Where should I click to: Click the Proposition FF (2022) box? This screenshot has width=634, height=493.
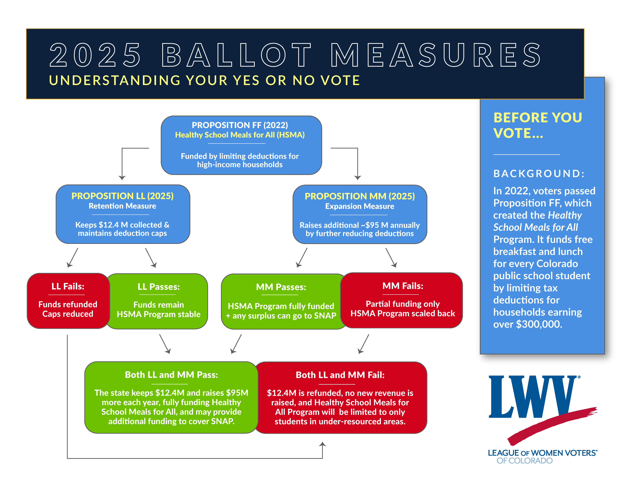tap(241, 145)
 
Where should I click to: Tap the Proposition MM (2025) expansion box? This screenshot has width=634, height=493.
tap(359, 214)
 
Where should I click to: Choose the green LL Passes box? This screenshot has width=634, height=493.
tap(158, 301)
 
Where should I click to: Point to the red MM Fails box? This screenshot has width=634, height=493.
tap(402, 300)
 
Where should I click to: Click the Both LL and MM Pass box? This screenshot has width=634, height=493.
tap(171, 397)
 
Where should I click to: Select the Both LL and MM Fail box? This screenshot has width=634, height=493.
tap(340, 397)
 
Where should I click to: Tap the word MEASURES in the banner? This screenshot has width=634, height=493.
tap(435, 55)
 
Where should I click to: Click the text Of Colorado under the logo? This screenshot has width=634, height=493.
tap(524, 461)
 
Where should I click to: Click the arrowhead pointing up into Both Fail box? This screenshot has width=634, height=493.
tap(322, 444)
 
